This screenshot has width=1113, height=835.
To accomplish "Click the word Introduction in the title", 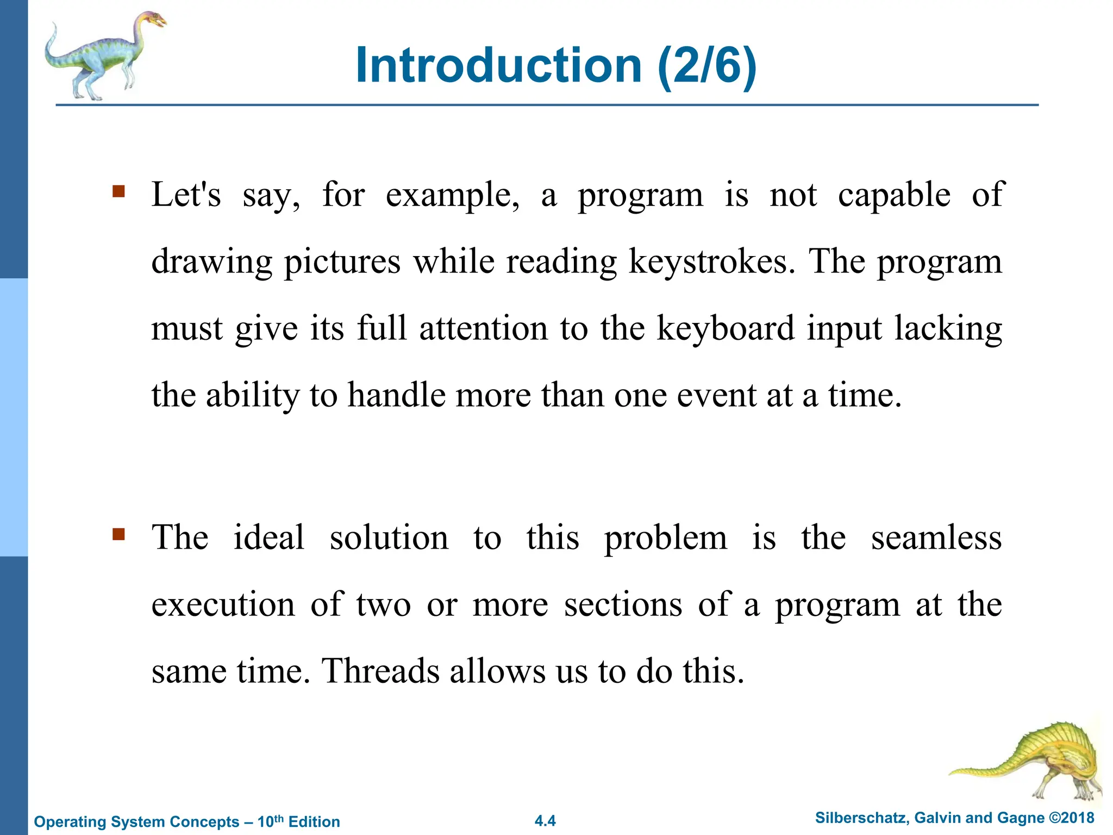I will (x=498, y=66).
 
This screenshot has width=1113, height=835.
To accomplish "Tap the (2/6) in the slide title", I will (x=706, y=66).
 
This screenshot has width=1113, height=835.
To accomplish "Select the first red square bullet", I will (x=118, y=191).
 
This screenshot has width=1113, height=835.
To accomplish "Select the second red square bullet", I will (x=118, y=534).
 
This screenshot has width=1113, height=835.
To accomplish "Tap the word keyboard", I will (x=725, y=328).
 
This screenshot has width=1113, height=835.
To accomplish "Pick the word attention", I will (x=484, y=328).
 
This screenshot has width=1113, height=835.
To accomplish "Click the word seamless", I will (x=936, y=538).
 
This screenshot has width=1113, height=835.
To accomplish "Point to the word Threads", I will (x=380, y=671).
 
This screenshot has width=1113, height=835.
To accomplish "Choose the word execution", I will (x=223, y=605).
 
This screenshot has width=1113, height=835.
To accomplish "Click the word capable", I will (x=894, y=195).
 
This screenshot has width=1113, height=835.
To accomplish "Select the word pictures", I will (x=342, y=261).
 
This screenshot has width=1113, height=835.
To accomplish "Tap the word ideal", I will (x=268, y=538).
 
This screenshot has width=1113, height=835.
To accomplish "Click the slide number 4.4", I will (x=545, y=821).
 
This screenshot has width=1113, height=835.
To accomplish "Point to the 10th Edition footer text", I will (x=298, y=821).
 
